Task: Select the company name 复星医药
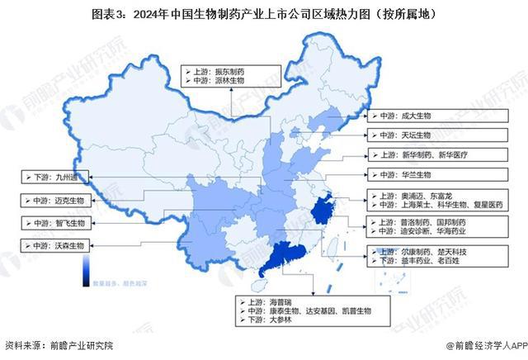tap(486, 206)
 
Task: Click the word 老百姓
tap(447, 260)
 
